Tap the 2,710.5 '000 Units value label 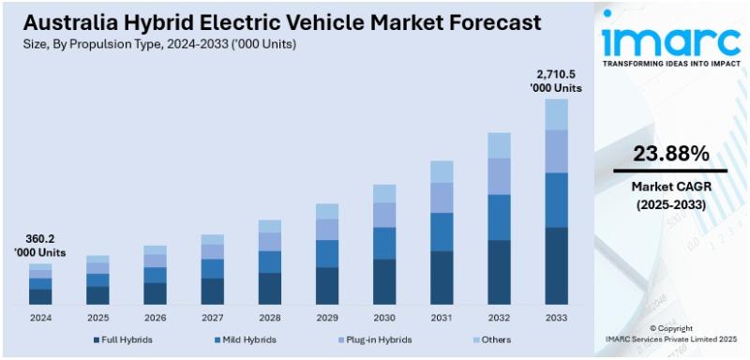(x=558, y=81)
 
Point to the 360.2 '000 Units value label (x=39, y=247)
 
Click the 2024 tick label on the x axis (x=40, y=318)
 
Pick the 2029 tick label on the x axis (x=327, y=318)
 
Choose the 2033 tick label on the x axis (x=557, y=318)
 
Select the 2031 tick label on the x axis (x=442, y=318)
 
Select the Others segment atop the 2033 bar (x=557, y=114)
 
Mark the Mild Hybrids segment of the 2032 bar (x=499, y=217)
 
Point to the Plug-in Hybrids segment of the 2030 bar (x=384, y=215)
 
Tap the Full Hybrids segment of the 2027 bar (x=213, y=291)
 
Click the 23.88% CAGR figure (x=669, y=153)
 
